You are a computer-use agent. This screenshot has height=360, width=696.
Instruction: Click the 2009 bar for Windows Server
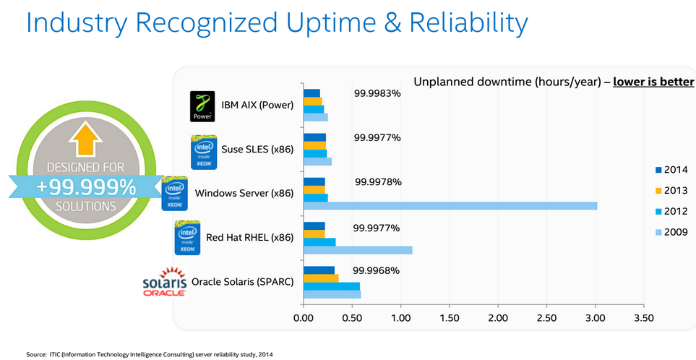pos(450,206)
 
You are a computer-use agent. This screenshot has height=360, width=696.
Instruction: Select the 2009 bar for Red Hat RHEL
pos(358,250)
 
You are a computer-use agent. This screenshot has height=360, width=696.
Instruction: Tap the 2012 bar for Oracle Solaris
pos(332,286)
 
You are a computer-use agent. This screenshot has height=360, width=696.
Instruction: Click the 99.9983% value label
pos(377,93)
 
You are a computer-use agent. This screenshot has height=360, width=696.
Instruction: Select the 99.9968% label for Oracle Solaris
pos(377,271)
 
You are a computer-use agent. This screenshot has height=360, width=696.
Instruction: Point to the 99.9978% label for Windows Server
pos(378,181)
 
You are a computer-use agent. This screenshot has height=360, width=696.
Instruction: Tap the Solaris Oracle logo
pos(166,281)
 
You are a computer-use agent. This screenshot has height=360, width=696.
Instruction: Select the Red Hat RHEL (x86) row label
pos(249,238)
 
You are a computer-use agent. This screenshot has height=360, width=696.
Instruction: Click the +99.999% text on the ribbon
pos(85,187)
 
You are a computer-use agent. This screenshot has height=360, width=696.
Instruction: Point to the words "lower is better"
pos(653,81)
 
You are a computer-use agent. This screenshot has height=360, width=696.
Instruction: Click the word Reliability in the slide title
pos(468,23)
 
